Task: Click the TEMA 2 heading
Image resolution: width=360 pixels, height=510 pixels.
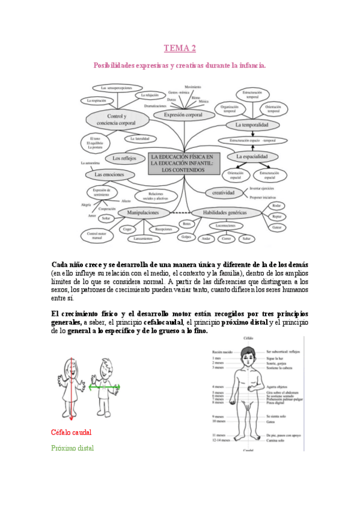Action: [x=180, y=48]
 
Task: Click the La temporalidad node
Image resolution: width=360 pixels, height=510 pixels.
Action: [x=255, y=124]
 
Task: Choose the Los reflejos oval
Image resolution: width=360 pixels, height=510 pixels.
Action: [x=124, y=158]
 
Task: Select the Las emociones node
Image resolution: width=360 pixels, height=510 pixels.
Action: [x=109, y=174]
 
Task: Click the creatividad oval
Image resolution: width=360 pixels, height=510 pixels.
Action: [x=222, y=192]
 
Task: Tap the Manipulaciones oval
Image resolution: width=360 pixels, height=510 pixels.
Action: [x=142, y=212]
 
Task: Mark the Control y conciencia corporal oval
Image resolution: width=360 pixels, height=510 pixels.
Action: [x=121, y=119]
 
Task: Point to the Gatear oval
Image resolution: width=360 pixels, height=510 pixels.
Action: [x=276, y=227]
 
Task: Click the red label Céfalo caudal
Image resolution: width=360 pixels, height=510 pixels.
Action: [x=72, y=432]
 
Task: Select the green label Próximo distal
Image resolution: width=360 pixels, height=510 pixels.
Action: [x=73, y=448]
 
